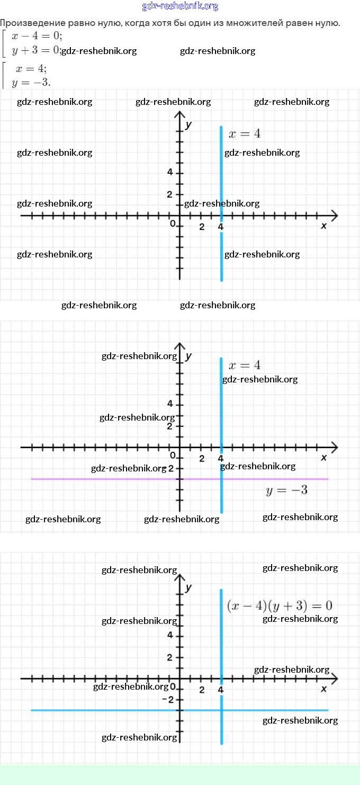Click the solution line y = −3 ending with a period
pyautogui.click(x=31, y=82)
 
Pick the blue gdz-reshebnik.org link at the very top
pyautogui.click(x=180, y=6)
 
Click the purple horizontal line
pyautogui.click(x=106, y=479)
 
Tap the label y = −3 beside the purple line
pyautogui.click(x=286, y=490)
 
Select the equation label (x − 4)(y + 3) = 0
pyautogui.click(x=280, y=605)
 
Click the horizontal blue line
pyautogui.click(x=106, y=710)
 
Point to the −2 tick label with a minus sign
pyautogui.click(x=167, y=700)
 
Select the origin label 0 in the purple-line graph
pyautogui.click(x=173, y=456)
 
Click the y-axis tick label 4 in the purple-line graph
pyautogui.click(x=170, y=404)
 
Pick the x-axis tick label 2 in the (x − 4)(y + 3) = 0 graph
pyautogui.click(x=202, y=690)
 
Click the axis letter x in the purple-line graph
pyautogui.click(x=324, y=458)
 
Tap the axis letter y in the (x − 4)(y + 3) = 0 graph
pyautogui.click(x=188, y=587)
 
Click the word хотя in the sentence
pyautogui.click(x=161, y=23)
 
